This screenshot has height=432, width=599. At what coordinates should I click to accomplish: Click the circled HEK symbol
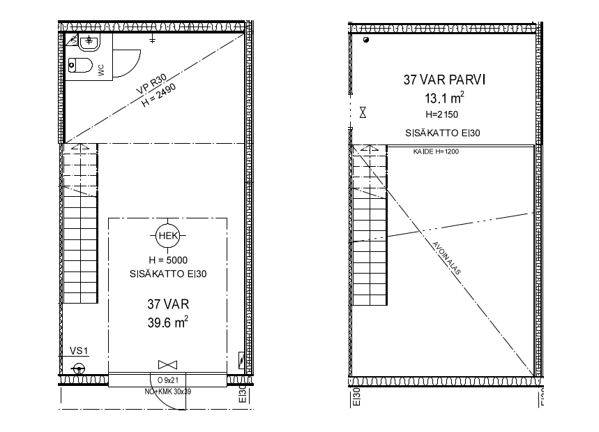pyautogui.click(x=167, y=235)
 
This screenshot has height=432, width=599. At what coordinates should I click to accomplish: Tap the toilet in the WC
pyautogui.click(x=80, y=66)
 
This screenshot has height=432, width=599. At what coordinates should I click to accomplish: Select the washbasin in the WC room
pyautogui.click(x=89, y=42)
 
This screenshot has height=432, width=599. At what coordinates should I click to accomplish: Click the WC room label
pyautogui.click(x=101, y=70)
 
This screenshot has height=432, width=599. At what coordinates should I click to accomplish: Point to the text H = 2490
pyautogui.click(x=159, y=95)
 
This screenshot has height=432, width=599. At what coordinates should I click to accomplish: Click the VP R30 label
pyautogui.click(x=151, y=84)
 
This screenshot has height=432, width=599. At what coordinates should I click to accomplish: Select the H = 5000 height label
pyautogui.click(x=168, y=260)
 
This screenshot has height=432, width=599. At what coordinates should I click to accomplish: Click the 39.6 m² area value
pyautogui.click(x=168, y=322)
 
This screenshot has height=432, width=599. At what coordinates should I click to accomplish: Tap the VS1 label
pyautogui.click(x=79, y=350)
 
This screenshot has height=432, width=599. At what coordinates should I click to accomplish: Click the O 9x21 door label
pyautogui.click(x=168, y=380)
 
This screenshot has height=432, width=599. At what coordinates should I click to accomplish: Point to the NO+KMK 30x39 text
pyautogui.click(x=167, y=392)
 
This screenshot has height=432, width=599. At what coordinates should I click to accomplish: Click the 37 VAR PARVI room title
pyautogui.click(x=444, y=80)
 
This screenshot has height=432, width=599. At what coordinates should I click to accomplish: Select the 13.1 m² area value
pyautogui.click(x=444, y=98)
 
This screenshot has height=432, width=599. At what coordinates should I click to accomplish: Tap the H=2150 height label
pyautogui.click(x=441, y=114)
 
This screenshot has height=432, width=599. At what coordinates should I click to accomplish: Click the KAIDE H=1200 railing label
pyautogui.click(x=436, y=151)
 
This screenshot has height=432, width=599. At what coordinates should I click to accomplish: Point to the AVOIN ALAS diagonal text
pyautogui.click(x=446, y=258)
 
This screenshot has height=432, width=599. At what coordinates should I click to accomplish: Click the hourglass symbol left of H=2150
pyautogui.click(x=363, y=112)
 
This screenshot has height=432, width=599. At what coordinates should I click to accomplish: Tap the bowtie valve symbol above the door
pyautogui.click(x=167, y=364)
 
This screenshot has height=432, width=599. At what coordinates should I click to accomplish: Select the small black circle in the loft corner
pyautogui.click(x=366, y=40)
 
